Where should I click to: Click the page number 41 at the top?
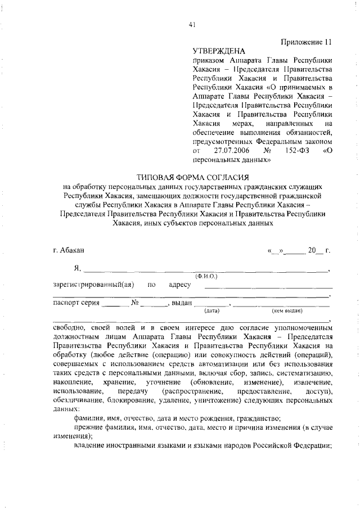[x=192, y=24]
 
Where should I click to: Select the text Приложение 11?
[x=307, y=42]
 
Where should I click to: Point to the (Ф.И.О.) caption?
[x=206, y=277]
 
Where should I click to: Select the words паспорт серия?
[x=76, y=303]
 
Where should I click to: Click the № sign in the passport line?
[x=135, y=303]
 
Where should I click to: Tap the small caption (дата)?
[x=212, y=310]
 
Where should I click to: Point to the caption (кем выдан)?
[x=287, y=310]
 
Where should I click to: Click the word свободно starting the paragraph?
[x=69, y=327]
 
